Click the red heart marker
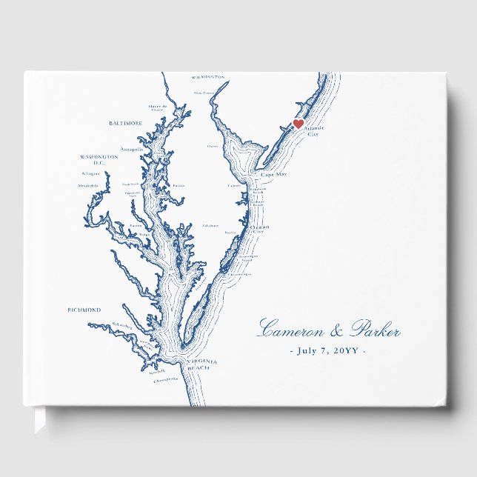[x=298, y=124]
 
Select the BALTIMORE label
[x=125, y=124]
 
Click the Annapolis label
[x=131, y=149]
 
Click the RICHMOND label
[x=84, y=310]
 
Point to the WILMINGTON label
[x=207, y=77]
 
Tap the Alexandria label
[x=88, y=187]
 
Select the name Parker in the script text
[x=375, y=330]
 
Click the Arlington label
[x=90, y=174]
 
